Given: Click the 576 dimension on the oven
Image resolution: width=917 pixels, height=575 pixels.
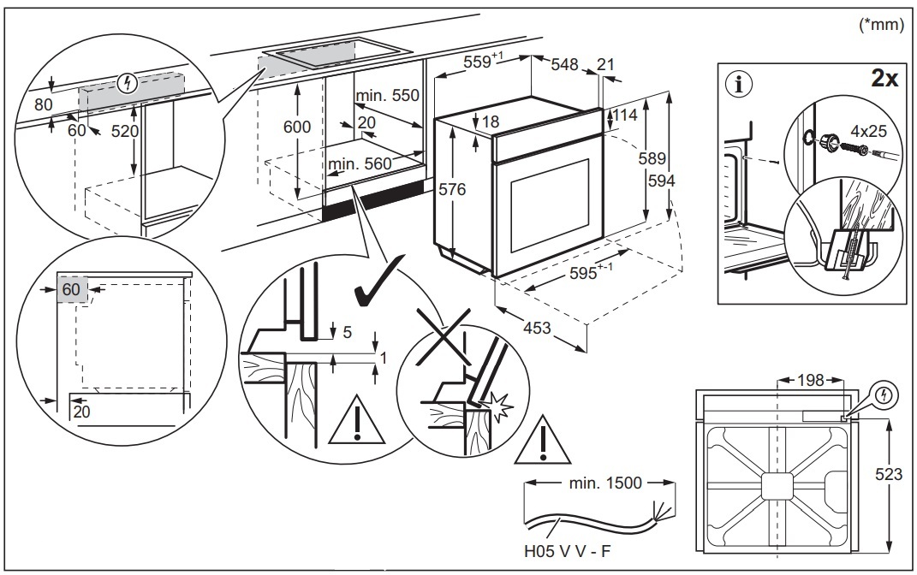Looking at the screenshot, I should point(452,190).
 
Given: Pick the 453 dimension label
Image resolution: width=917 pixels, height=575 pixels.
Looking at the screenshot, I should point(537,328).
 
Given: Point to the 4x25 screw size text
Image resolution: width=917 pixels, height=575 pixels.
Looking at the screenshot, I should point(870,133).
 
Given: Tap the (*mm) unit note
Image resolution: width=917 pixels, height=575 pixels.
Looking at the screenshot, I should point(881,25).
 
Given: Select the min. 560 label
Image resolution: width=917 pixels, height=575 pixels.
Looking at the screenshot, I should point(357,163).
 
